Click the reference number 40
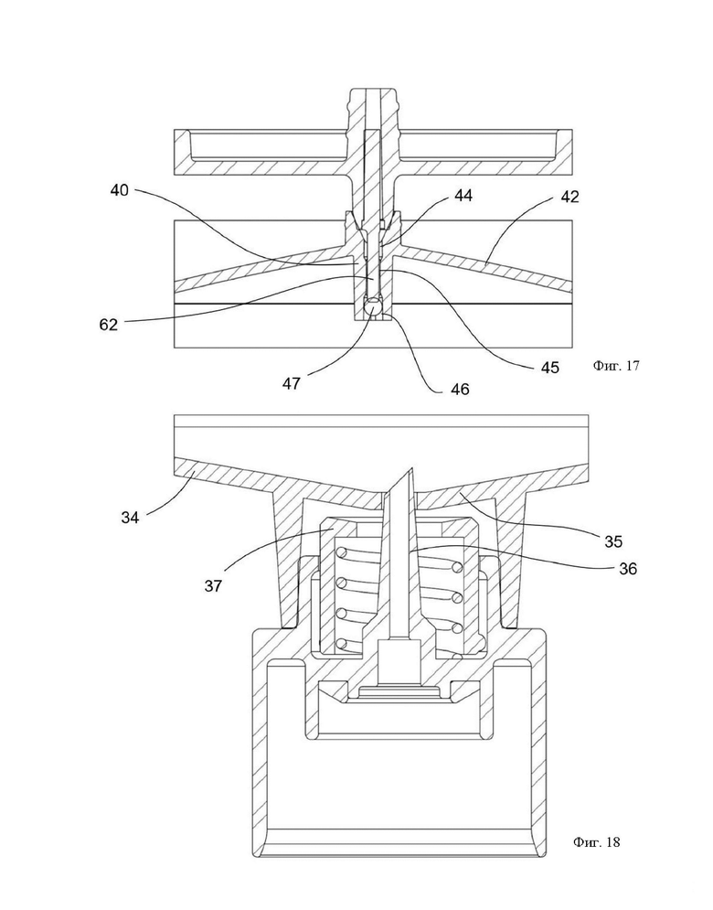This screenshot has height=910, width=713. [120, 190]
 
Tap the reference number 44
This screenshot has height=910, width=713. [463, 196]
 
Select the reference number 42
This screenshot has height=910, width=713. [569, 197]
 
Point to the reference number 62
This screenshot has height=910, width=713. [109, 325]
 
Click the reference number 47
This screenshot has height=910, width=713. [292, 383]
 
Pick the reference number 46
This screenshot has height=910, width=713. [460, 389]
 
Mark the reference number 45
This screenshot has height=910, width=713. [550, 368]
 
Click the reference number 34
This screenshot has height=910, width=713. [130, 517]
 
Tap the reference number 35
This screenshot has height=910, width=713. [613, 541]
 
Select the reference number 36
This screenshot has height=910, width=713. [628, 569]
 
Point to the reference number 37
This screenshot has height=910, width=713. [214, 586]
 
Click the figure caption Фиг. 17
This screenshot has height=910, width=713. [616, 366]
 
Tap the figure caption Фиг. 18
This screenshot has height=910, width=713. [596, 842]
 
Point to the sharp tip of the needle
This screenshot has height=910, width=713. [411, 468]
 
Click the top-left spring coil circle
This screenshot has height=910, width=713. [343, 551]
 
